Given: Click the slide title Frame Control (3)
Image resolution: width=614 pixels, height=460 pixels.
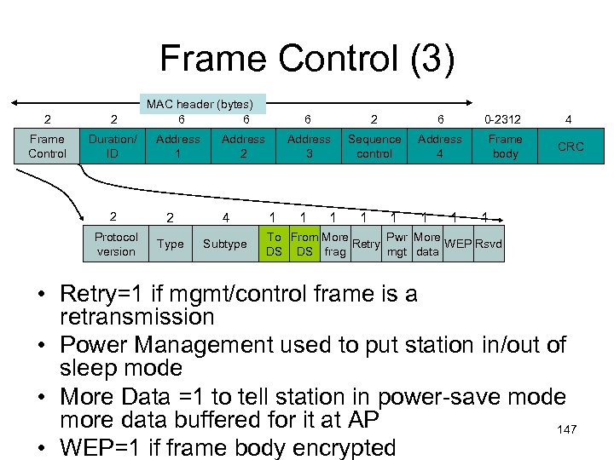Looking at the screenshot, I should click(307, 60).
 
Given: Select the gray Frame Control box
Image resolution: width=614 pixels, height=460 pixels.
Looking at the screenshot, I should click(47, 146).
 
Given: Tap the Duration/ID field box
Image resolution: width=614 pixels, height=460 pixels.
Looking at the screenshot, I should click(113, 146).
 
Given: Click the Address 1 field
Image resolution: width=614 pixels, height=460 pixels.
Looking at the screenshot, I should click(179, 146).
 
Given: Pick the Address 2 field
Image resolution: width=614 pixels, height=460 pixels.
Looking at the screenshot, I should click(244, 146).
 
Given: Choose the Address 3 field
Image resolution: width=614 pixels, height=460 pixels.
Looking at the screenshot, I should click(309, 146).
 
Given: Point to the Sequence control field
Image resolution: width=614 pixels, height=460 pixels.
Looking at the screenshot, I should click(374, 146).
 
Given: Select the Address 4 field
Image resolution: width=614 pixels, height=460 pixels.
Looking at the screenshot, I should click(440, 146).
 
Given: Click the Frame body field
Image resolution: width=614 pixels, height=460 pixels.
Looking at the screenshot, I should click(505, 146).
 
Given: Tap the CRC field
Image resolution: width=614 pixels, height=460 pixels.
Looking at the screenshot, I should click(571, 146).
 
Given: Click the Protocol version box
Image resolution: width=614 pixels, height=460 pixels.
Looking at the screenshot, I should click(116, 244).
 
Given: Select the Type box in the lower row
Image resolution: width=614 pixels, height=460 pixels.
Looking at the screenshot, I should click(171, 244).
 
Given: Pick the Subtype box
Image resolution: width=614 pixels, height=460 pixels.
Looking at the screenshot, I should click(224, 244).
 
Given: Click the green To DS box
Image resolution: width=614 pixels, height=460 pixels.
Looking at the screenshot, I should click(274, 244).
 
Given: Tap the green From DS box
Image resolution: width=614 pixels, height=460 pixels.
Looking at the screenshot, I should click(304, 244).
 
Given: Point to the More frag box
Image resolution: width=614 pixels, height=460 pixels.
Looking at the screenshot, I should click(334, 244).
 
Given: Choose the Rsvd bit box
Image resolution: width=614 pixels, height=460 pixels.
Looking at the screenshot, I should click(489, 244).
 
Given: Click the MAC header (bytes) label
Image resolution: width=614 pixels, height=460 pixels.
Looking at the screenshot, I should click(204, 104).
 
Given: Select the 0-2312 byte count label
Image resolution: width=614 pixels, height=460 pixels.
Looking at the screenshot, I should click(502, 121).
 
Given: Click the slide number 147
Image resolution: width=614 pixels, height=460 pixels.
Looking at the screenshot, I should click(567, 429).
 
